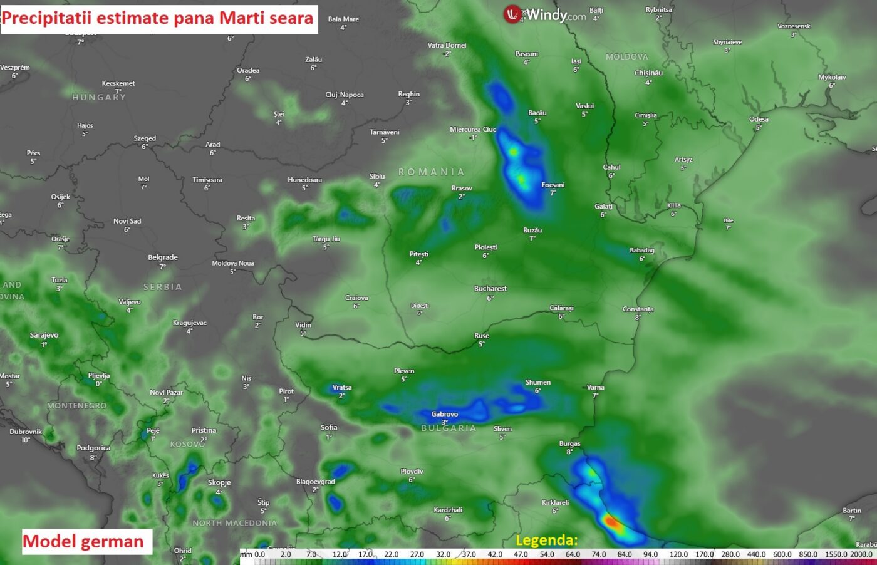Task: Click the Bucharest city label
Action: click(490, 289)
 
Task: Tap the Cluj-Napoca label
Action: click(344, 95)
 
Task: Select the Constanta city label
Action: click(638, 309)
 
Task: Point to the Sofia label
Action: click(329, 428)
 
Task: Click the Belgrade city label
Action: click(163, 257)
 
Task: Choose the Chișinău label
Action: click(648, 73)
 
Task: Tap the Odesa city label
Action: click(759, 119)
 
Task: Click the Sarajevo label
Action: click(44, 336)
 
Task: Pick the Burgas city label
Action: click(569, 444)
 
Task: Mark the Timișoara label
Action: click(207, 180)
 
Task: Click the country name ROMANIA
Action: click(432, 172)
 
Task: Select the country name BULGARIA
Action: click(449, 428)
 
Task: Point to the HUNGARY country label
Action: click(99, 98)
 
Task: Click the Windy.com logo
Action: click(544, 15)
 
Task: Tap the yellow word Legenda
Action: click(546, 540)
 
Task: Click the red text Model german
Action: click(83, 542)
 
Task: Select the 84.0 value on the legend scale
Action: click(625, 554)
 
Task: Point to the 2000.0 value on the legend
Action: click(861, 554)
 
